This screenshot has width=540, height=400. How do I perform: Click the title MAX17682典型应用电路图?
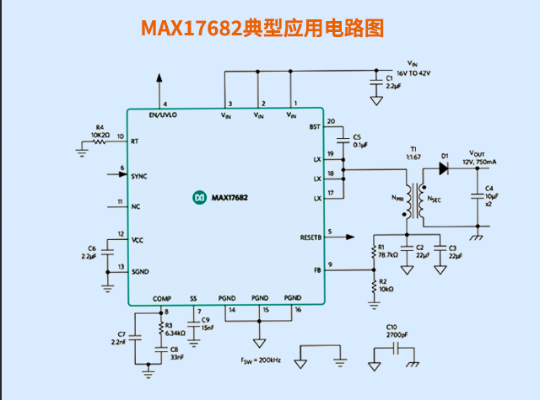point(262,29)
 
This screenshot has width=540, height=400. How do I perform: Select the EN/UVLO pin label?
point(162,115)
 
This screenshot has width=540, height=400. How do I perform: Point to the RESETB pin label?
point(310,237)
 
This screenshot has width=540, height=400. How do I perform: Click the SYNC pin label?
point(139,176)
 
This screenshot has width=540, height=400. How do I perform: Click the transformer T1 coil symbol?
point(413,199)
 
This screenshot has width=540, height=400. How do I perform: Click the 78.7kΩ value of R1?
point(387,254)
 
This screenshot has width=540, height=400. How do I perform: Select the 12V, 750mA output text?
point(478,161)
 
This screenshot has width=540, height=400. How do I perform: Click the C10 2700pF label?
point(391,331)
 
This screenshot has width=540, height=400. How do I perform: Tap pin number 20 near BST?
point(331,120)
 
